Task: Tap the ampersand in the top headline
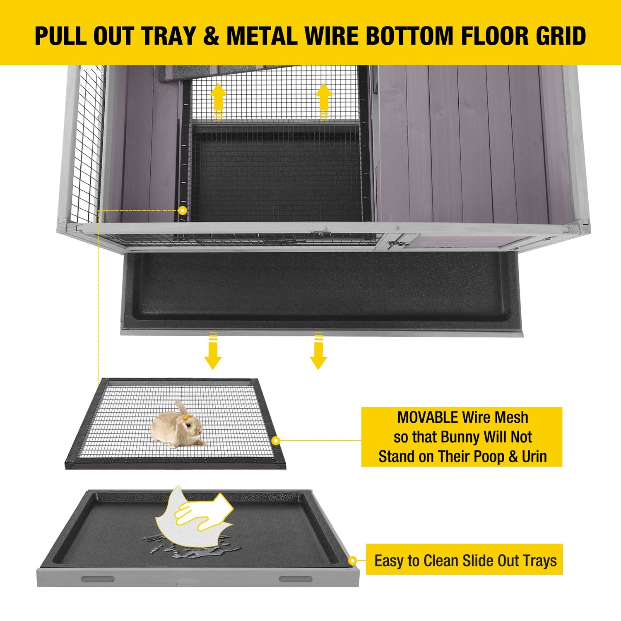(x=211, y=36)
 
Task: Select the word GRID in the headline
(x=561, y=36)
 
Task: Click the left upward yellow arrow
(x=218, y=101)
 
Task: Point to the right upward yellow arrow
(x=324, y=101)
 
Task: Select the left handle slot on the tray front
(x=97, y=579)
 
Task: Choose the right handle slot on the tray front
(x=296, y=579)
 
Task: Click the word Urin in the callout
(x=534, y=456)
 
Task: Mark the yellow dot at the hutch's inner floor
(x=183, y=211)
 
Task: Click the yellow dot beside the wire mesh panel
(x=276, y=440)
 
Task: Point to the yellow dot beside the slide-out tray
(x=352, y=561)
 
